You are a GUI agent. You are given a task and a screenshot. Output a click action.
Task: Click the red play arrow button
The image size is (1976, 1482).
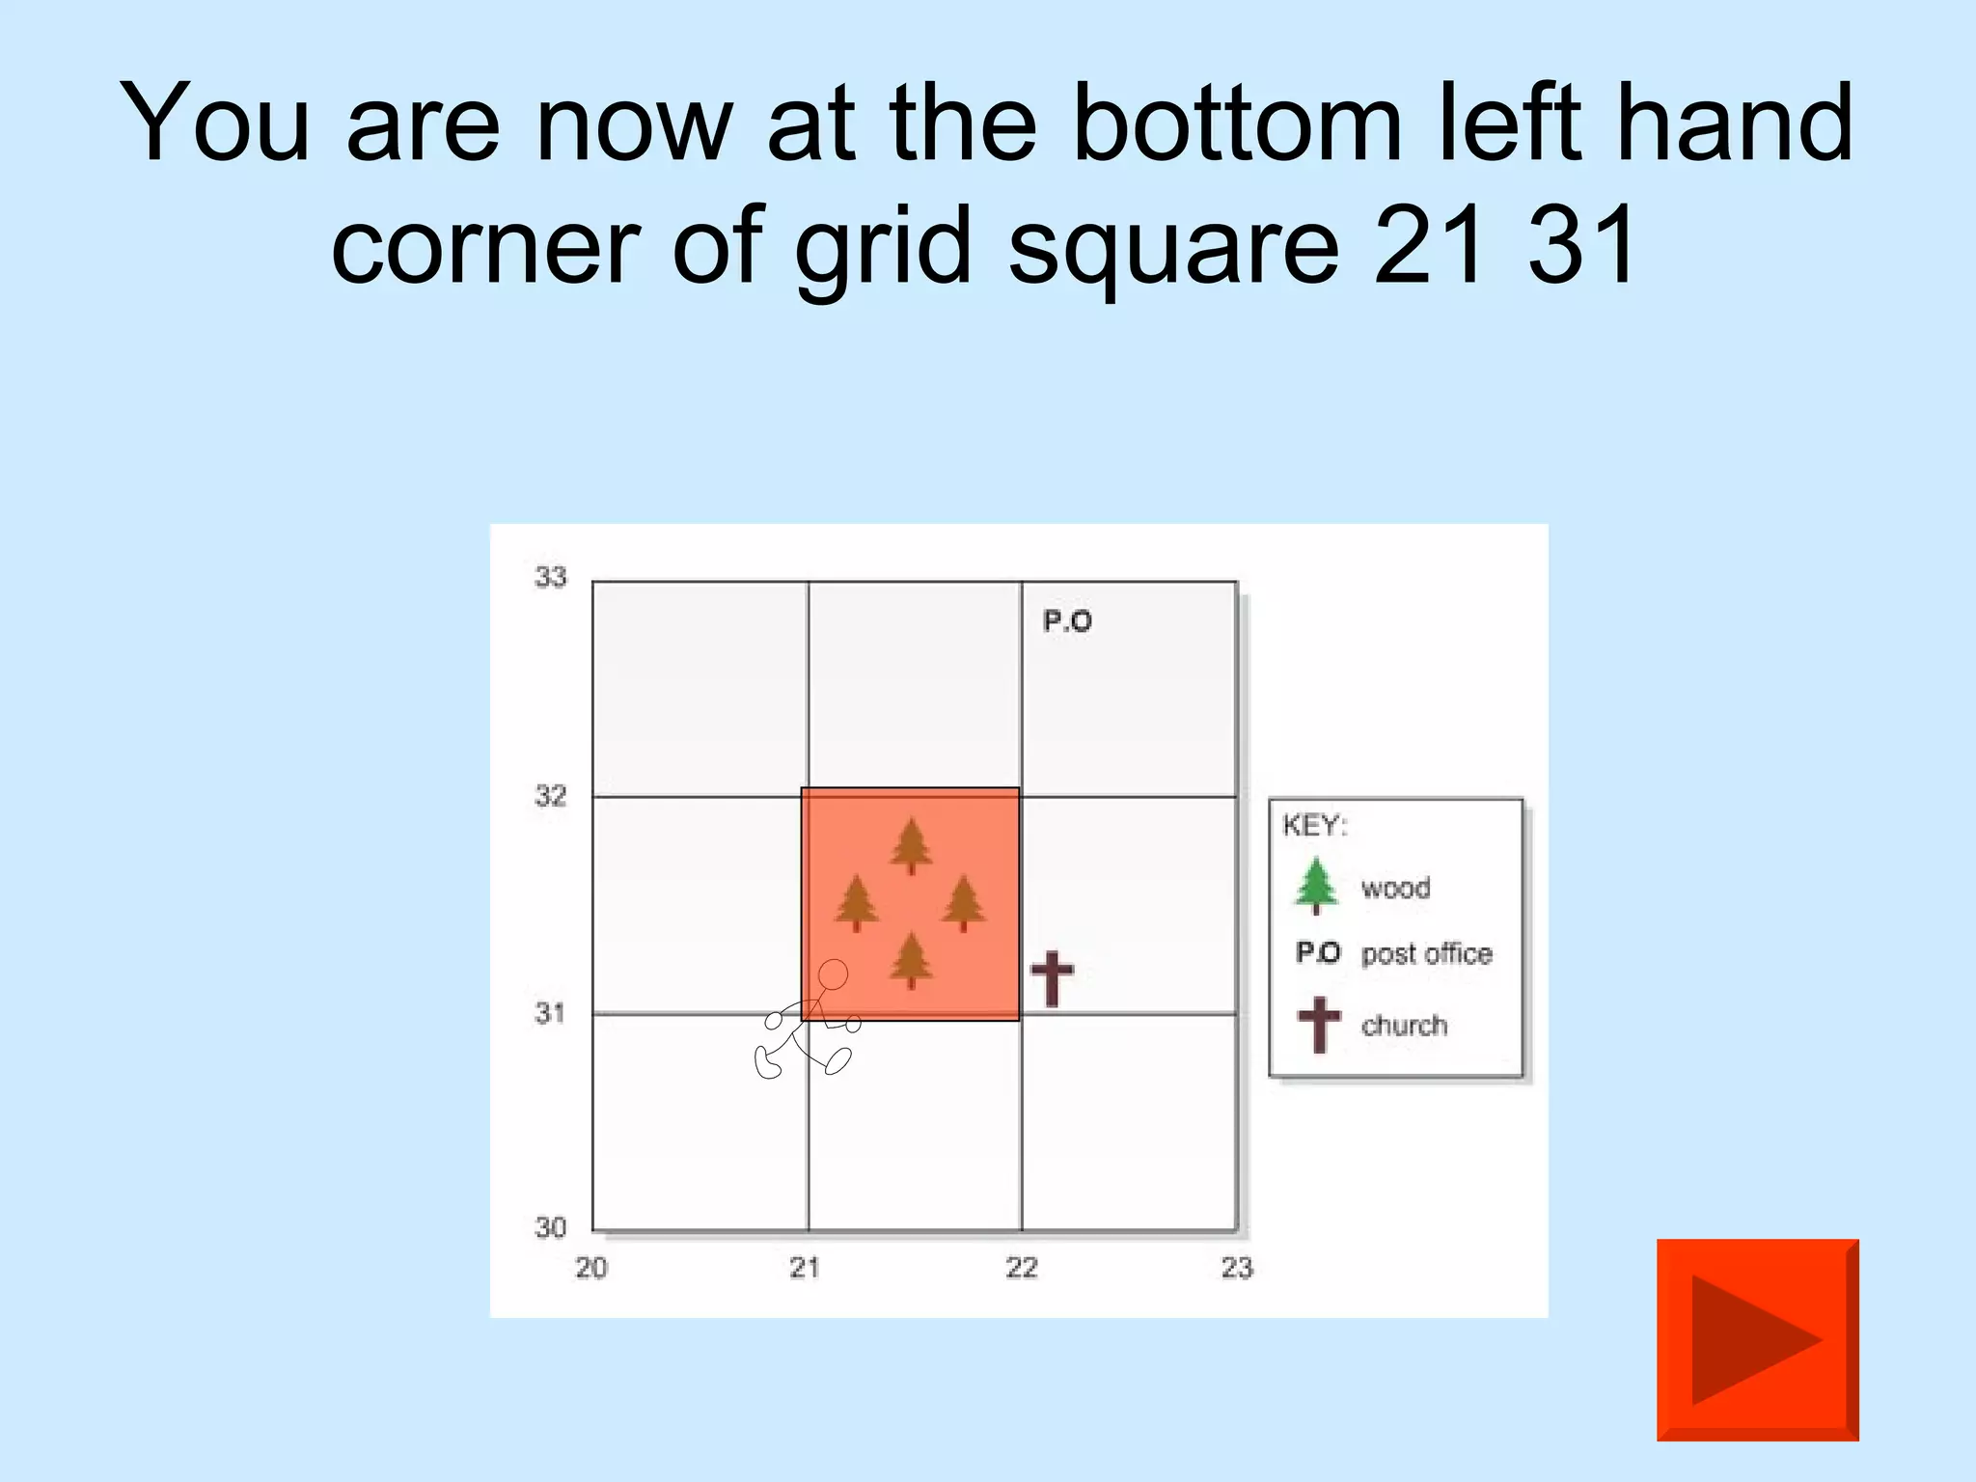(1757, 1339)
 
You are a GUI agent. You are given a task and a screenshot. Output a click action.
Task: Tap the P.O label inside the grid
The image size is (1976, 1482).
(1067, 621)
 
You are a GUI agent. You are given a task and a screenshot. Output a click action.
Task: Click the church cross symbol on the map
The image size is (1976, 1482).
(1052, 977)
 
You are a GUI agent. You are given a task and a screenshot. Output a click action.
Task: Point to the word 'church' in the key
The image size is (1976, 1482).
(1404, 1025)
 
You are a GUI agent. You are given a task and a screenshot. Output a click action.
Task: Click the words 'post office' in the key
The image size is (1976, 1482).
(1426, 953)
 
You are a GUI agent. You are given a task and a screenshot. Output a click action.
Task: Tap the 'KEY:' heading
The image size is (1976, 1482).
(1314, 825)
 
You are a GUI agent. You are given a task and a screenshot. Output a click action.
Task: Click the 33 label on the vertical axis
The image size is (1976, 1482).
(551, 577)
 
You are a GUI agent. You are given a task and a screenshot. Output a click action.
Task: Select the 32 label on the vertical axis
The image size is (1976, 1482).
(551, 796)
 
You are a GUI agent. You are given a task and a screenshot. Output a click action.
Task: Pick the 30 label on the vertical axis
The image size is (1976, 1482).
(551, 1227)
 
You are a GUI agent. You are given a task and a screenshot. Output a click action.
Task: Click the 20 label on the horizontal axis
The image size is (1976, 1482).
(590, 1268)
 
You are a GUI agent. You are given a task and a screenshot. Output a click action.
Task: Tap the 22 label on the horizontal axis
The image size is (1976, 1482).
(1021, 1268)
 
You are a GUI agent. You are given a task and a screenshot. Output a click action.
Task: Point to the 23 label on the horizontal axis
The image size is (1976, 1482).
(1237, 1268)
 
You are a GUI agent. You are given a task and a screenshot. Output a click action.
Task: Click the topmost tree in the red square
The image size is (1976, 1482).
(911, 845)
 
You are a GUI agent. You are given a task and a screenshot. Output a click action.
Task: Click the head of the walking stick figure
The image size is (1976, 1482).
(833, 974)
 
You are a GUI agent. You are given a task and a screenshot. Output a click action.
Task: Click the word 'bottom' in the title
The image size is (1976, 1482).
(1237, 123)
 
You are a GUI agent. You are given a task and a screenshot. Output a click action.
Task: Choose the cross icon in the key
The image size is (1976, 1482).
(1319, 1024)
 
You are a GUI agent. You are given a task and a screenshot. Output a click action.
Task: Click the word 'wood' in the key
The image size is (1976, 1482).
(1395, 888)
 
